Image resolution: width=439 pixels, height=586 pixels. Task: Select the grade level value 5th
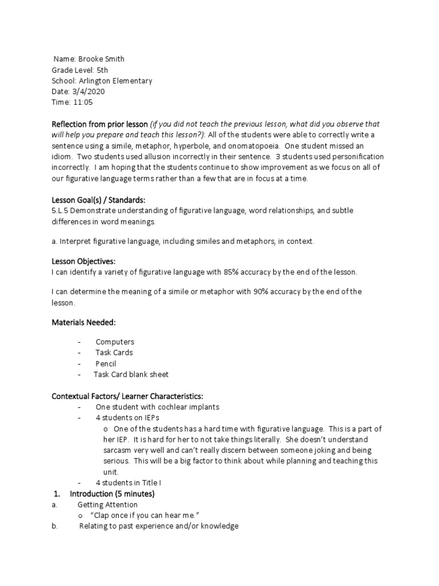click(x=95, y=70)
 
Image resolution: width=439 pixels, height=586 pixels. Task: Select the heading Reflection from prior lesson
click(x=100, y=124)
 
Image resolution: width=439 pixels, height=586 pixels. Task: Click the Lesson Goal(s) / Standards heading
click(x=99, y=200)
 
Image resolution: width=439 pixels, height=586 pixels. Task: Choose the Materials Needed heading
click(x=83, y=323)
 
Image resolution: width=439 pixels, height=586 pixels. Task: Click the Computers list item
click(x=115, y=342)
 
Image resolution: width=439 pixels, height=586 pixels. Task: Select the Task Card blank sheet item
click(x=131, y=375)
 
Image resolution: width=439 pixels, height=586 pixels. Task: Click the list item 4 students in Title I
click(x=129, y=482)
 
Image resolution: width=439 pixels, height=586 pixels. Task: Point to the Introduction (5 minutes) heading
click(x=112, y=493)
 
